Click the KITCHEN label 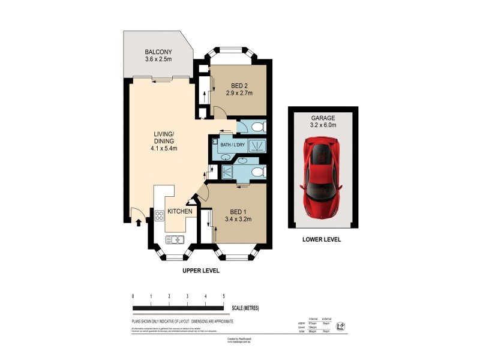tap(179, 212)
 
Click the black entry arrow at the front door tap(139, 223)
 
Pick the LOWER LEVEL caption tap(322, 239)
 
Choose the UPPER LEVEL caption tap(201, 271)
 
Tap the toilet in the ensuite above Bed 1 tap(256, 173)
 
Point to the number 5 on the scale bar tap(224, 296)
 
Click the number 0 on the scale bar tap(133, 296)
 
